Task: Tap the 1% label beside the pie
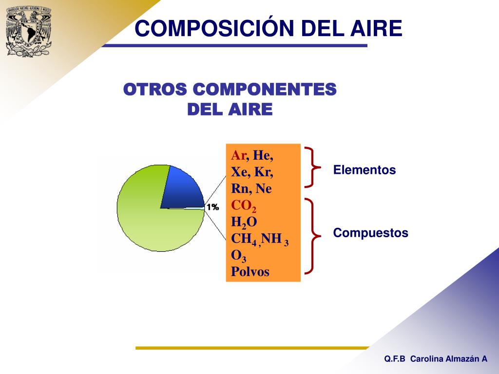[212, 207]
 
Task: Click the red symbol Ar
[238, 156]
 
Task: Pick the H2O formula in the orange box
[244, 223]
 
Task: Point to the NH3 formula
[275, 240]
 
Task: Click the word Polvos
[250, 272]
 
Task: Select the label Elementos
[365, 170]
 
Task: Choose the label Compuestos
[370, 233]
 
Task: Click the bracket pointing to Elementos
[312, 167]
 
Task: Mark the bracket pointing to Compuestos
[312, 236]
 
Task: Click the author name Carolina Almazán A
[448, 359]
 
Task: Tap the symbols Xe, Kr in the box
[252, 172]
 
